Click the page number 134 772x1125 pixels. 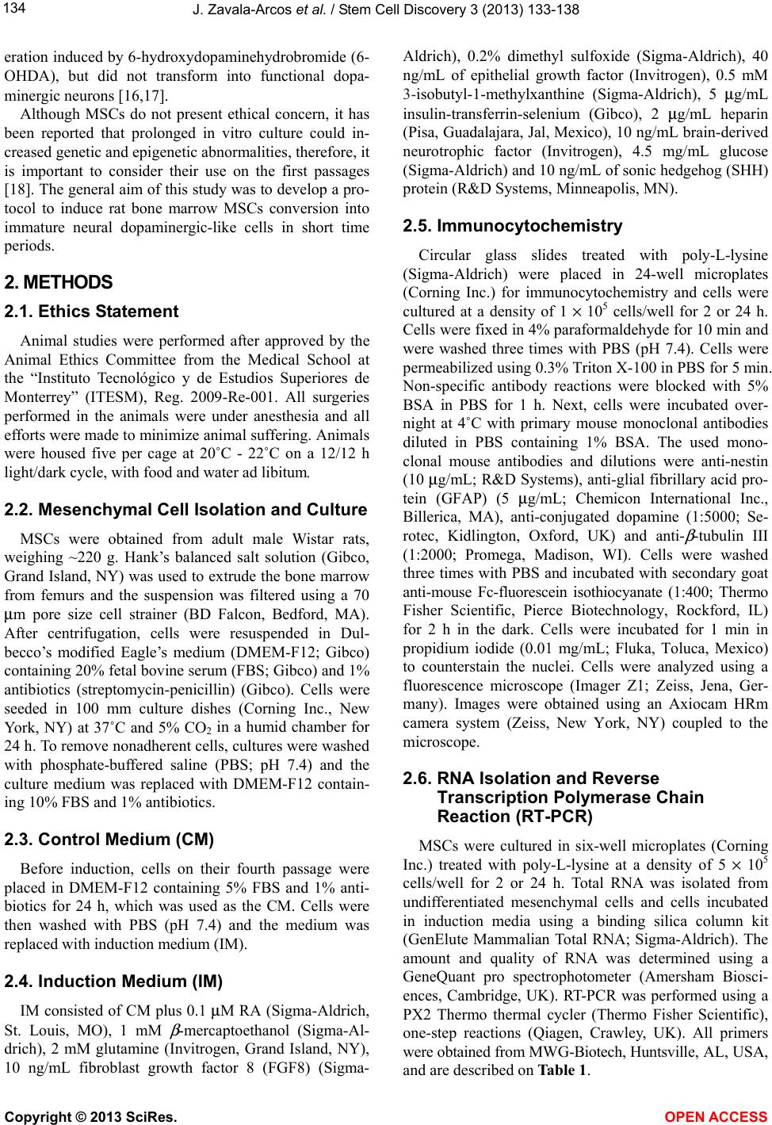[13, 9]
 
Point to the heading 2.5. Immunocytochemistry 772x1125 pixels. [514, 226]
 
